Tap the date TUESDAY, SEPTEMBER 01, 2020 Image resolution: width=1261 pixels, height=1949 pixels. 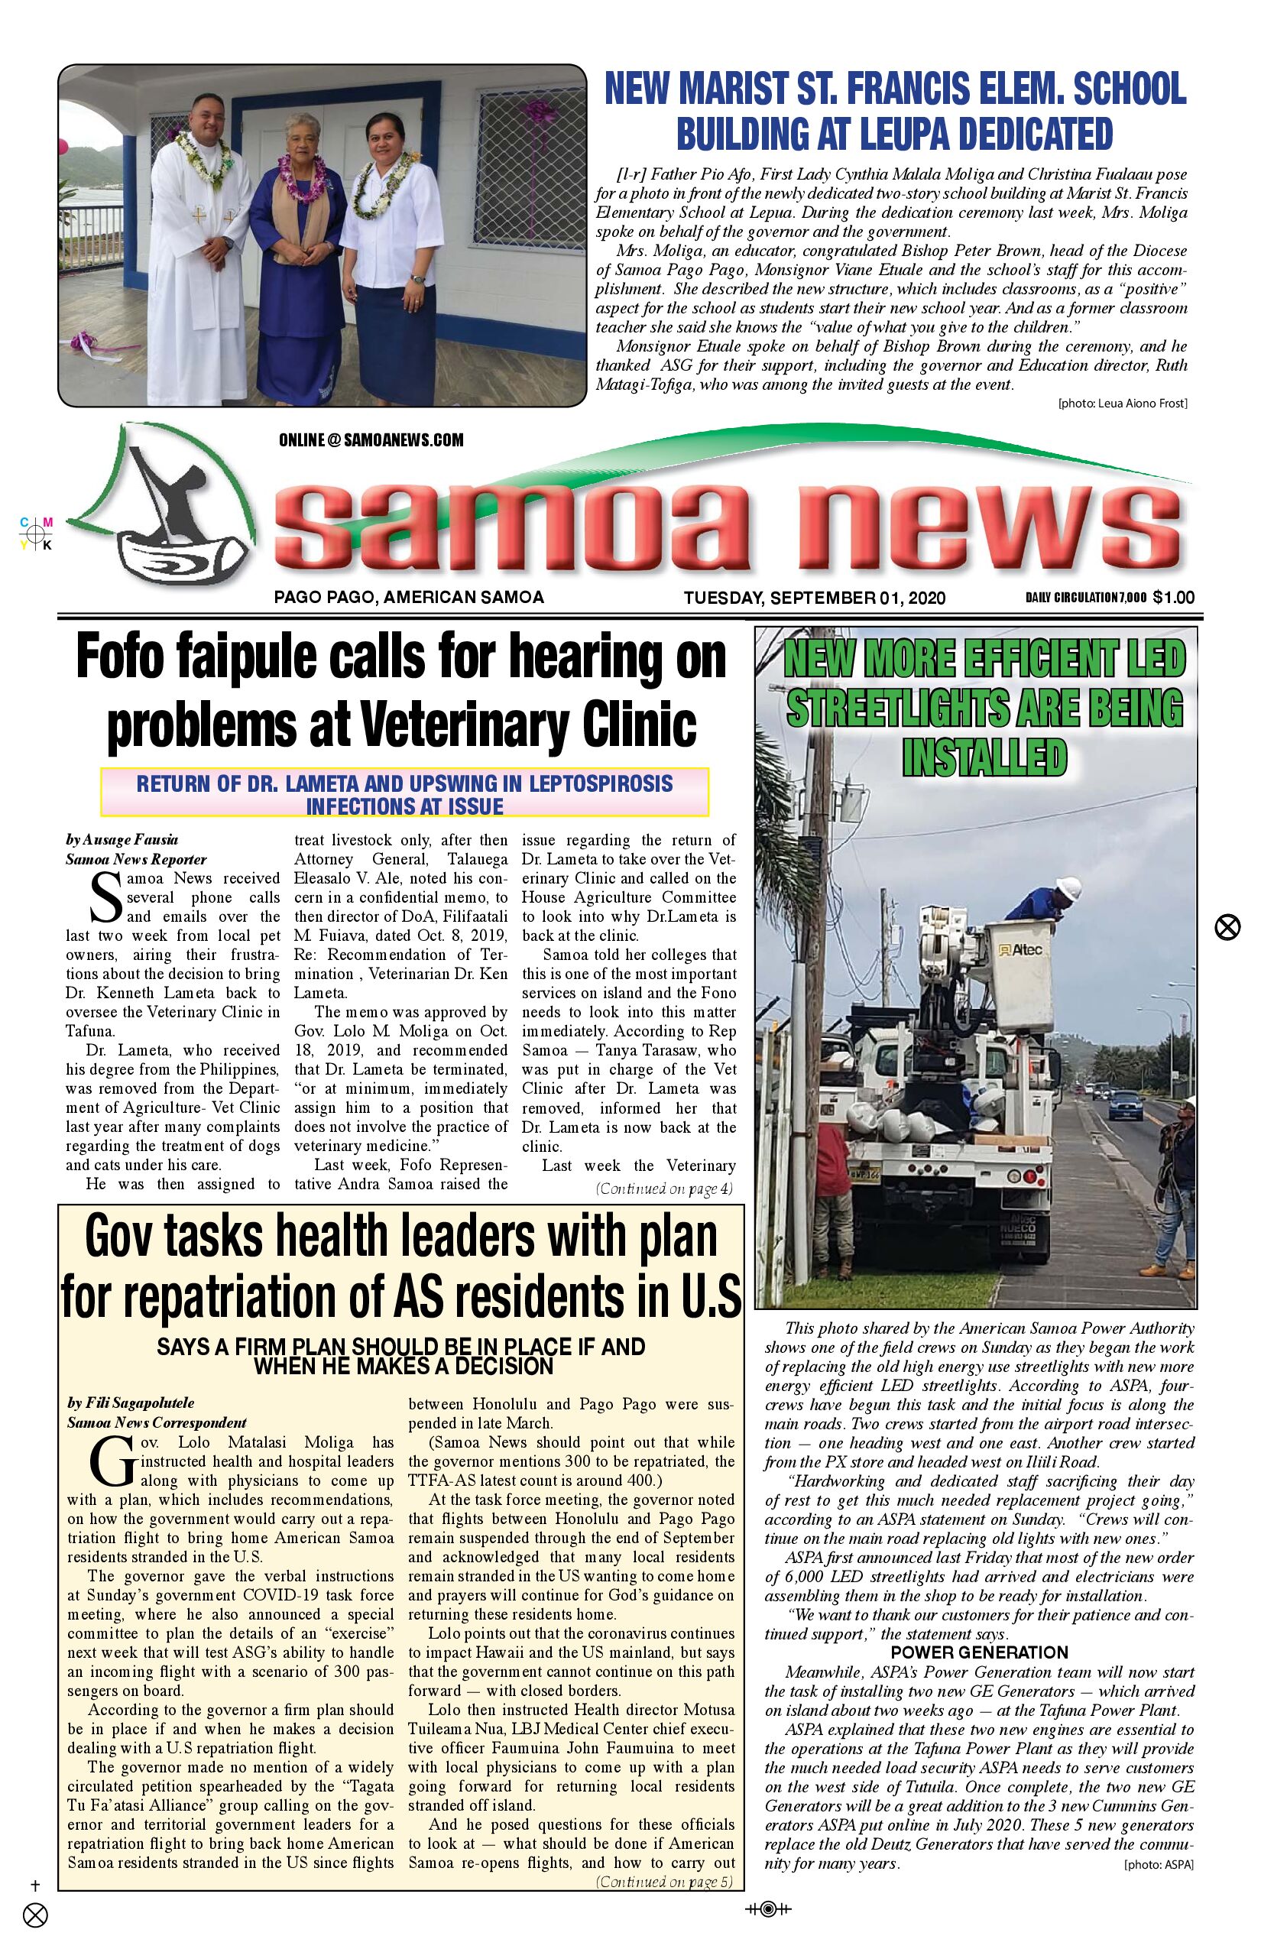point(814,597)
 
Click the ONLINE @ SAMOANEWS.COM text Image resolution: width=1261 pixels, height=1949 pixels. point(371,439)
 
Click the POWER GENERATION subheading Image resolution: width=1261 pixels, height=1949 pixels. point(979,1652)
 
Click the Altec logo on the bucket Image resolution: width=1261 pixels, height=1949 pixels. point(1020,949)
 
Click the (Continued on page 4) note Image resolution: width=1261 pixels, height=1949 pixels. point(664,1189)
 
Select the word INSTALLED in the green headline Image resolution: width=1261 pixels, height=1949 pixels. point(984,757)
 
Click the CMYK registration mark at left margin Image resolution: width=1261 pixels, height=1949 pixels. point(37,533)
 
